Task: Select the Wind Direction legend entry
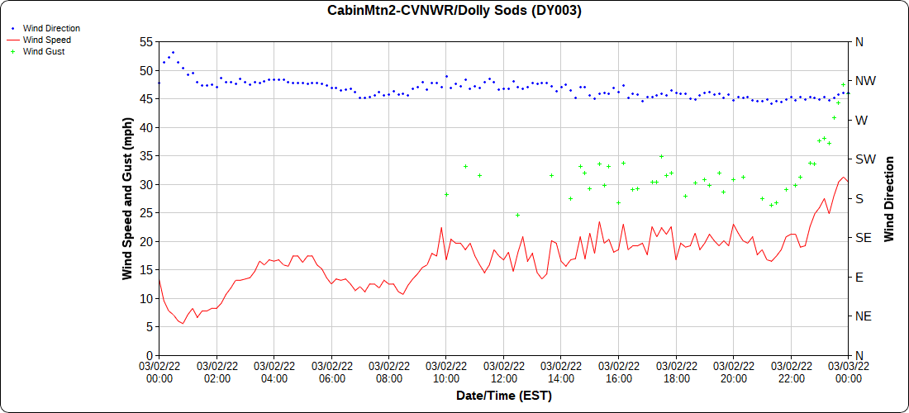[x=51, y=28]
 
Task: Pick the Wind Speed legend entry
[x=46, y=40]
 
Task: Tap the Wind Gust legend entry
[x=44, y=51]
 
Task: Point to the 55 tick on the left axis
[x=146, y=42]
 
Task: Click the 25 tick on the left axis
[x=146, y=213]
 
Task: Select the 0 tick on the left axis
[x=150, y=355]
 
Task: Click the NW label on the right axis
[x=865, y=81]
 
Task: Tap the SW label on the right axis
[x=865, y=159]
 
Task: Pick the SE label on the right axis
[x=864, y=238]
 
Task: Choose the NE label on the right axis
[x=864, y=316]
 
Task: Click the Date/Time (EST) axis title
[x=504, y=396]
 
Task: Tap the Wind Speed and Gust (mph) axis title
[x=127, y=197]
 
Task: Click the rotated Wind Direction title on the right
[x=890, y=198]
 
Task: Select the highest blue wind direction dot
[x=173, y=52]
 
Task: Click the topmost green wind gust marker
[x=844, y=84]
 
